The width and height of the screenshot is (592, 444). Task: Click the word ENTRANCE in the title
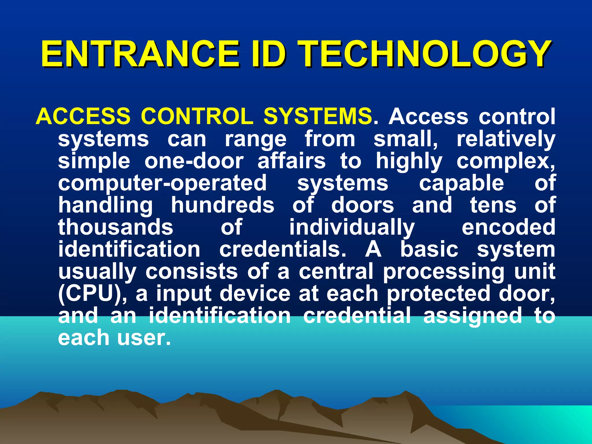[x=140, y=54]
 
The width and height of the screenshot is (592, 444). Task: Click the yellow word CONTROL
[x=197, y=116]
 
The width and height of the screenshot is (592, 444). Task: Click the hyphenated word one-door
[x=194, y=161]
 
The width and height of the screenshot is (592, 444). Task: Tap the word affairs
[x=291, y=161]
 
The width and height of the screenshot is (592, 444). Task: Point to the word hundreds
[x=223, y=205]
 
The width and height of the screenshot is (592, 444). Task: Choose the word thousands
[x=116, y=227]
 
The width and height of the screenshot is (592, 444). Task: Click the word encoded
[x=508, y=227]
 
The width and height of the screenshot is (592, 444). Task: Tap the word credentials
[x=283, y=249]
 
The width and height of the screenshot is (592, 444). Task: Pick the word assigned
[x=472, y=316]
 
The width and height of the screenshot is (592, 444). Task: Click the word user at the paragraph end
[x=144, y=338]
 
